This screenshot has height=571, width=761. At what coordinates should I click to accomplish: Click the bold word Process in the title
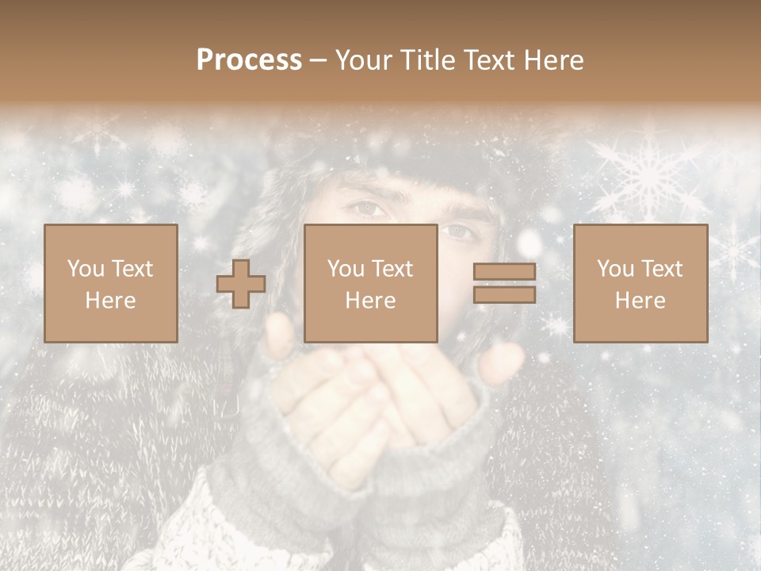click(x=249, y=60)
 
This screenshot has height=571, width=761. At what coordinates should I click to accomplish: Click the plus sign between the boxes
click(x=241, y=284)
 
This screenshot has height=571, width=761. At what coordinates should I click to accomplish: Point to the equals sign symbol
click(x=504, y=283)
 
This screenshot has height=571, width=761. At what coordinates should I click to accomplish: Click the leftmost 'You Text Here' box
click(x=111, y=283)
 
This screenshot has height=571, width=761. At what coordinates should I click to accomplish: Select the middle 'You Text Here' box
click(x=371, y=283)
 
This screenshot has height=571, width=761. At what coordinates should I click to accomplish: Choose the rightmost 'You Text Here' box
click(x=641, y=283)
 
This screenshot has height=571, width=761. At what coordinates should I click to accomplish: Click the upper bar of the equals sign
click(x=504, y=272)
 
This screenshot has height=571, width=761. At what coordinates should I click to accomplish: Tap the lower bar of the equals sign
click(x=504, y=295)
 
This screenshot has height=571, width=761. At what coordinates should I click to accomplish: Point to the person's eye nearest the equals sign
click(x=458, y=232)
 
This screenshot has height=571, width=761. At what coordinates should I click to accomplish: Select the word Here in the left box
click(x=111, y=301)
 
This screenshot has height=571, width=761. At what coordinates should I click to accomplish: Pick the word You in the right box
click(x=616, y=269)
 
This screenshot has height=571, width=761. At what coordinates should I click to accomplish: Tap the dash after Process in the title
click(x=319, y=60)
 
